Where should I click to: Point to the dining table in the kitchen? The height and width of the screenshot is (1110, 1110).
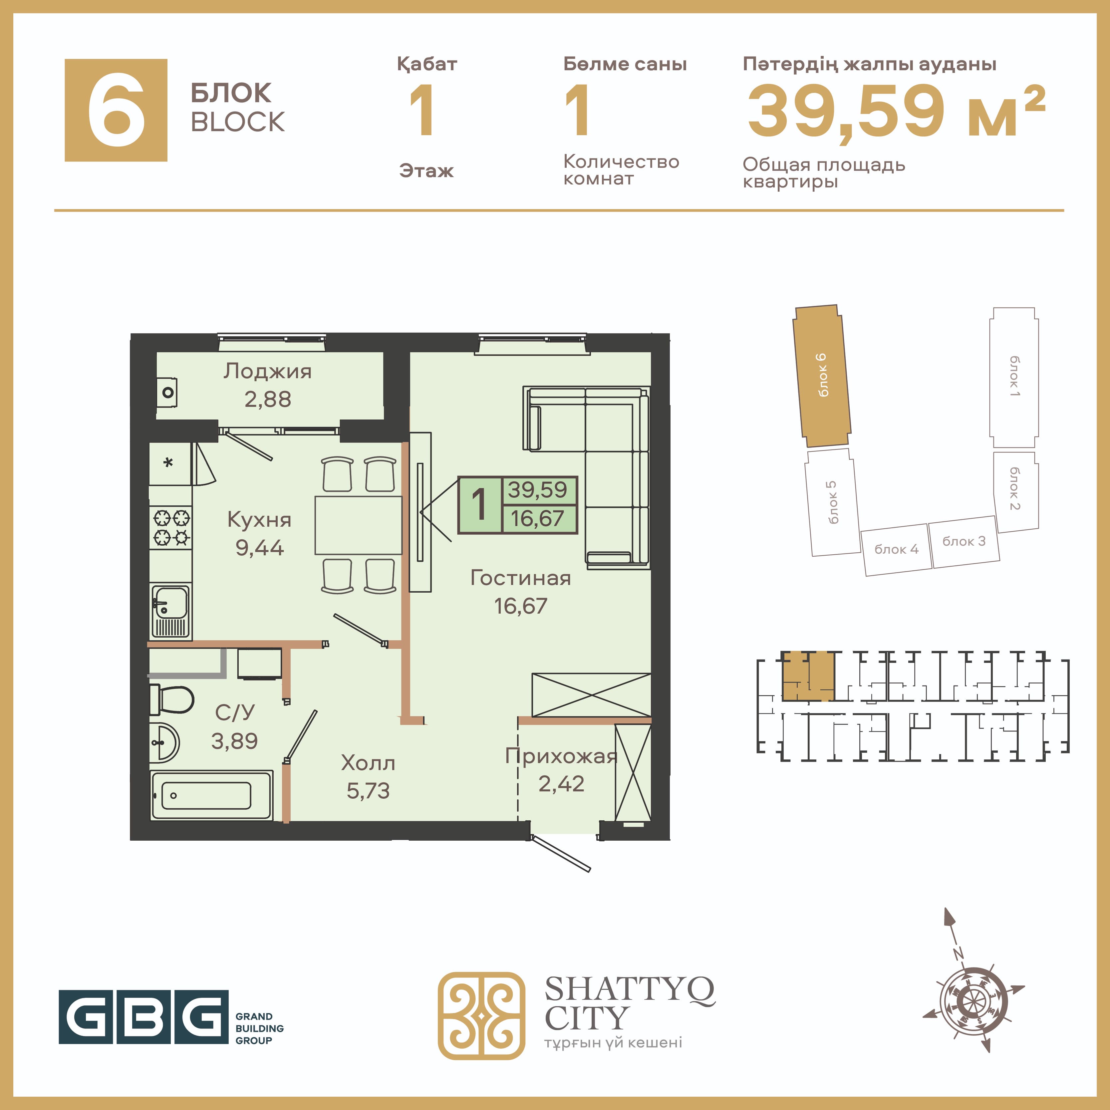point(358,525)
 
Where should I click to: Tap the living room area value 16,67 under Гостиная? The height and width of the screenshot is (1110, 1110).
point(520,606)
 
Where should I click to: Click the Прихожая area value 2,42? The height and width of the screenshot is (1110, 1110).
point(561,784)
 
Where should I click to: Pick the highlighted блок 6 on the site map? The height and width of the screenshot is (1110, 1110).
point(822,376)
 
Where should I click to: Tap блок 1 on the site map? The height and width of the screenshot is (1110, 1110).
point(1014,378)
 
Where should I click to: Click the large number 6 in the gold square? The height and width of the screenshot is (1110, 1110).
point(116,110)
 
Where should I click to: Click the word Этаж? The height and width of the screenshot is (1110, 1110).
point(426,171)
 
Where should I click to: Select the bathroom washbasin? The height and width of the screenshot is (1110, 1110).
point(165,742)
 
